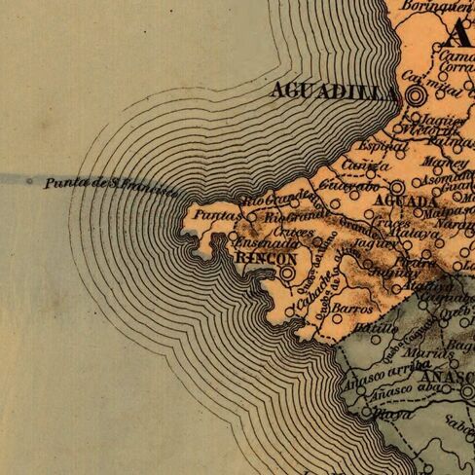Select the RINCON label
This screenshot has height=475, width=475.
266,260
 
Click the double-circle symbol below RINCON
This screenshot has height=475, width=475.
287,274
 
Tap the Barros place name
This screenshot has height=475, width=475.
351,308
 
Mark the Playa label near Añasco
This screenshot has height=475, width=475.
361,415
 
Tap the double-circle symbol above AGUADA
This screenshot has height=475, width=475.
397,187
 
